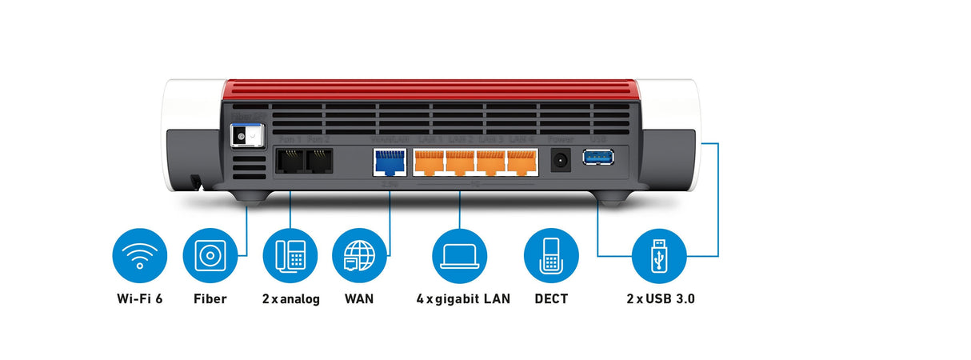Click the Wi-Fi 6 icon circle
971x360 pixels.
coord(140,255)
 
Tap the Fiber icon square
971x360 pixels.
coord(210,255)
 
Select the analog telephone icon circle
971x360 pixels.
coord(290,255)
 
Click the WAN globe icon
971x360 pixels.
coord(359,255)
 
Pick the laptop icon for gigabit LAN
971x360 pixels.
coord(459,255)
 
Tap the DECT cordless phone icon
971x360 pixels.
coord(550,255)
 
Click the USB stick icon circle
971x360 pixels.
coord(659,255)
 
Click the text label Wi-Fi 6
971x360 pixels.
coord(140,299)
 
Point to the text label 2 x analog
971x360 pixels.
coord(290,299)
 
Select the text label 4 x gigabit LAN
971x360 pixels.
coord(463,299)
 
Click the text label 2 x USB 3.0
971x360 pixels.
coord(661,299)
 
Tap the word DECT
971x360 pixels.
coord(551,299)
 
